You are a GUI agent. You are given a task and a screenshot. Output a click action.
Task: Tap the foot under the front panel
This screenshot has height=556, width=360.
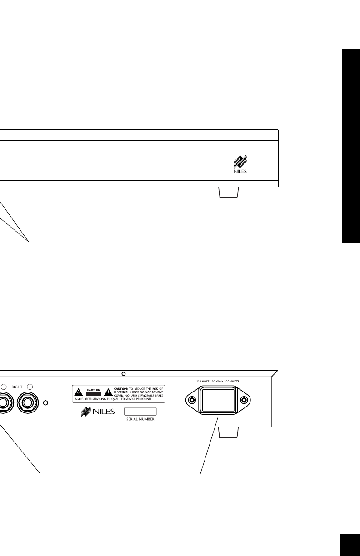(229, 193)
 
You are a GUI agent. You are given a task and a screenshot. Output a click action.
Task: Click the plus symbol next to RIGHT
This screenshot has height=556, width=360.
(30, 386)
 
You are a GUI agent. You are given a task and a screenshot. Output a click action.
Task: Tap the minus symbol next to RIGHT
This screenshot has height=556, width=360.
(3, 386)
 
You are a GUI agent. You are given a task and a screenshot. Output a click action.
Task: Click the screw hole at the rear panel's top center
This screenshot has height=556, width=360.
(123, 374)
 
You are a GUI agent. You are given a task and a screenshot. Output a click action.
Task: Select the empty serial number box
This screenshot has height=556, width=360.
(140, 412)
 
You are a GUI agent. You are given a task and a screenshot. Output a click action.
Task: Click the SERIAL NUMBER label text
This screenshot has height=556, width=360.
(141, 420)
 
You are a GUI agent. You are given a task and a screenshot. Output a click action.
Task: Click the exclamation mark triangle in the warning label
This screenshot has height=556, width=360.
(108, 392)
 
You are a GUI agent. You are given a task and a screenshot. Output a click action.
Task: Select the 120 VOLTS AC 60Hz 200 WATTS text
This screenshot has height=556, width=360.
(218, 382)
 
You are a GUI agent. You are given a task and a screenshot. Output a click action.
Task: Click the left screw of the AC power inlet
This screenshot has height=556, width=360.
(192, 400)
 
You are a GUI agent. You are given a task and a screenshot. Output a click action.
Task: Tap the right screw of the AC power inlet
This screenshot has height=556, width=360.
(244, 400)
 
